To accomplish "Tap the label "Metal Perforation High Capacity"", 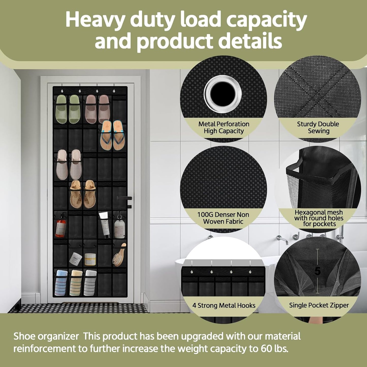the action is pyautogui.click(x=224, y=127).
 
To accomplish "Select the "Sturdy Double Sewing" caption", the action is pyautogui.click(x=318, y=127).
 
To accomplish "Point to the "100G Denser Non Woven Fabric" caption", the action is pyautogui.click(x=223, y=218).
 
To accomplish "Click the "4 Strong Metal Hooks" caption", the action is pyautogui.click(x=224, y=305).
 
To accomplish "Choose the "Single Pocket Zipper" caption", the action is pyautogui.click(x=319, y=305).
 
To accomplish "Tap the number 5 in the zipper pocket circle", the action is pyautogui.click(x=317, y=272).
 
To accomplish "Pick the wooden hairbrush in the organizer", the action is pyautogui.click(x=119, y=254).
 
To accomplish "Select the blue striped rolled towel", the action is pyautogui.click(x=61, y=282).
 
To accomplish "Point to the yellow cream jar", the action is pyautogui.click(x=90, y=259).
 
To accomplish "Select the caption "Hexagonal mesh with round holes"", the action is pyautogui.click(x=319, y=215).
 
